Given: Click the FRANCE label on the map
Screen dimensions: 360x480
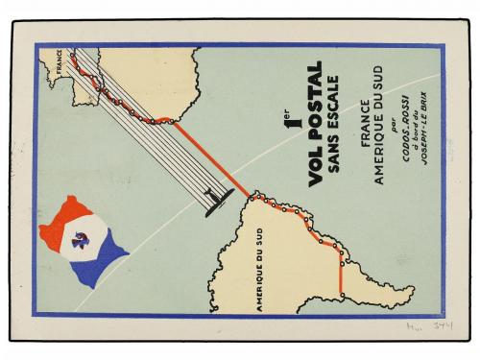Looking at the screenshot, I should point(66,68).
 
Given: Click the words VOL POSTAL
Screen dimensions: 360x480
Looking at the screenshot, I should point(308,157).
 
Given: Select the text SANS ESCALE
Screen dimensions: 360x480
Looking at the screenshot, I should point(332,157).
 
